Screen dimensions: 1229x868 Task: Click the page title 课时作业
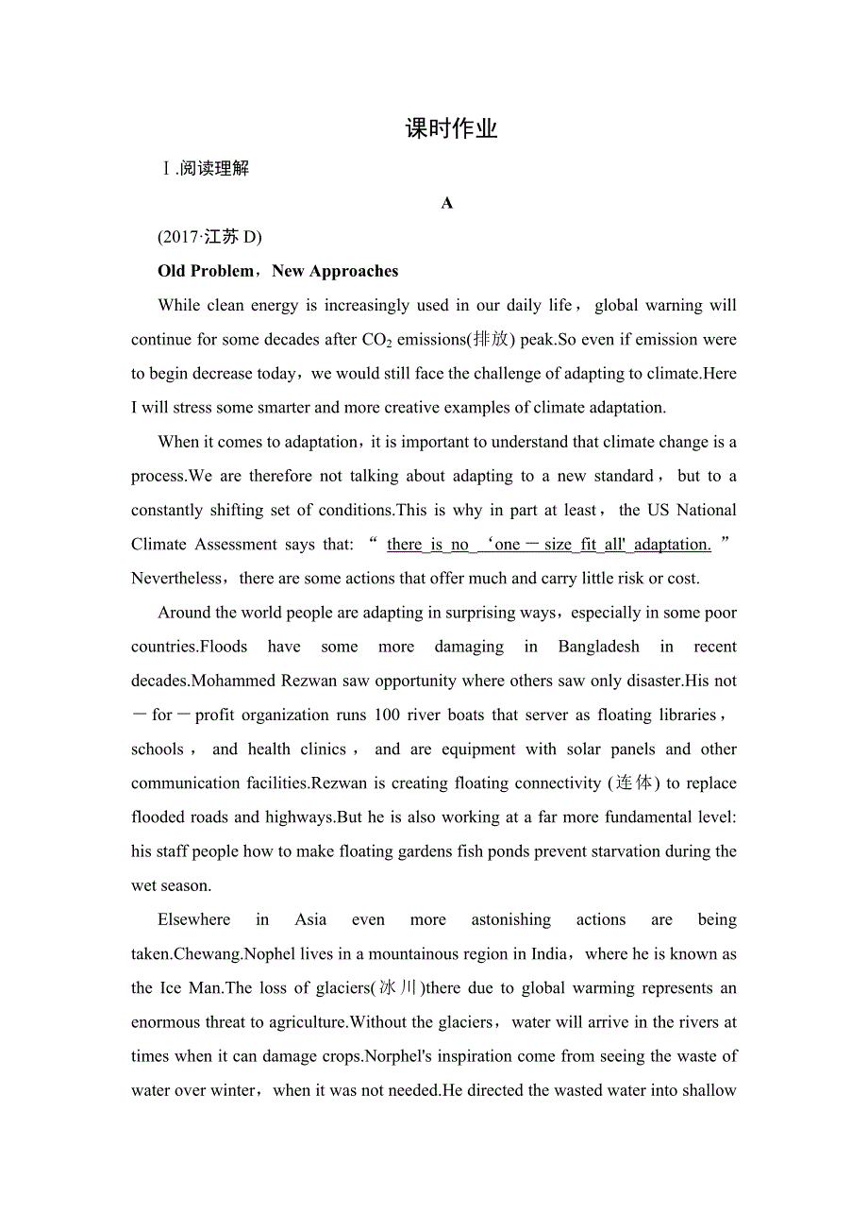pos(451,129)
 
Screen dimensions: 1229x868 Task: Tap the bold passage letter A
pos(447,203)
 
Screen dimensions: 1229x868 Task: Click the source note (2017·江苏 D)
pos(209,237)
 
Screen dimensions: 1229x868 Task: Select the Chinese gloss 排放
pos(492,340)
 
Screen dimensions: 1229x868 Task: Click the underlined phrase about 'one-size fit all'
pos(548,545)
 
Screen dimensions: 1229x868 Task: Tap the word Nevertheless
pos(176,579)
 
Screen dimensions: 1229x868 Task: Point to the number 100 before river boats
pos(387,715)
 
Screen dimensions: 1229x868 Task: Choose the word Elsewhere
pos(193,919)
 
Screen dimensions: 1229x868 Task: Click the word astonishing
pos(510,919)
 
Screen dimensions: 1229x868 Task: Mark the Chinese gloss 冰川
pos(396,988)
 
